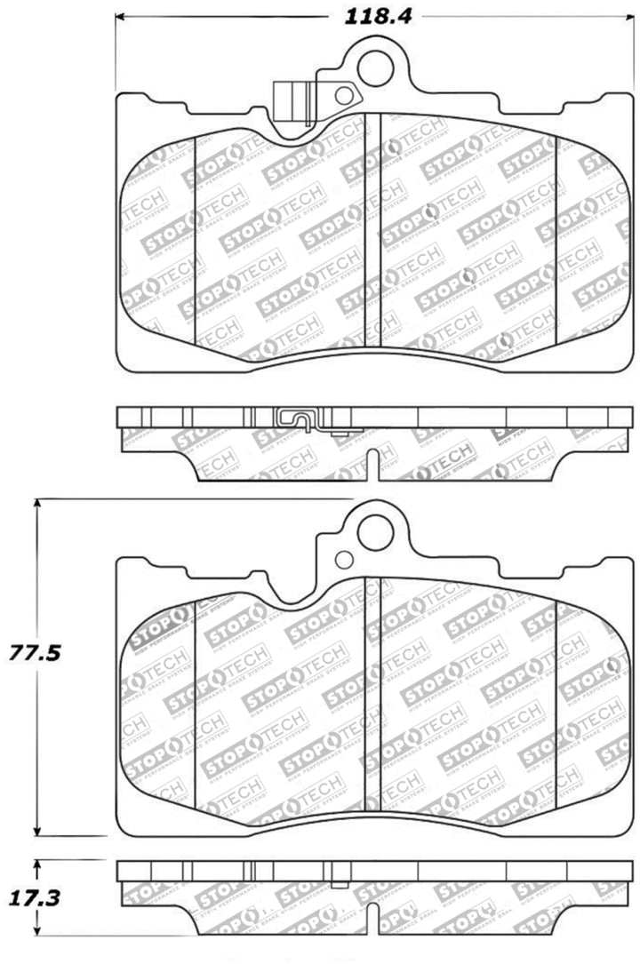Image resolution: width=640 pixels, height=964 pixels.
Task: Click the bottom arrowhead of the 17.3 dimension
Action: click(x=36, y=944)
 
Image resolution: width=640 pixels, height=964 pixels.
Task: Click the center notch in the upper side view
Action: click(x=378, y=457)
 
